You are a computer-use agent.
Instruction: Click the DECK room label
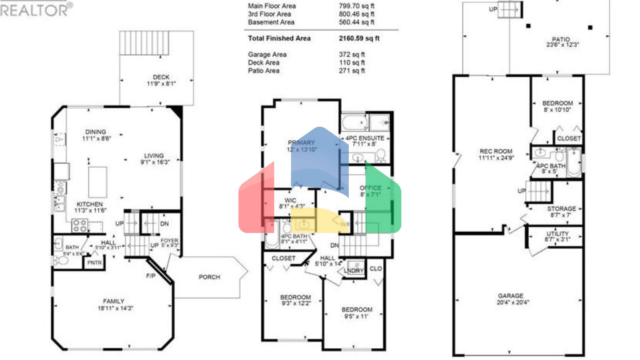click(x=161, y=77)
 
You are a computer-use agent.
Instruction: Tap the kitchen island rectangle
click(x=97, y=182)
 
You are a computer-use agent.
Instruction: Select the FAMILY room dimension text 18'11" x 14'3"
click(x=115, y=308)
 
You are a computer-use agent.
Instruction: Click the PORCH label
click(x=209, y=277)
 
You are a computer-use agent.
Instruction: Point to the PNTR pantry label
click(x=95, y=263)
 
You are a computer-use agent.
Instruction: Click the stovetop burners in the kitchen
click(x=79, y=226)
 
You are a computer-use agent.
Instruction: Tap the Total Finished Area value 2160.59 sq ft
click(x=359, y=38)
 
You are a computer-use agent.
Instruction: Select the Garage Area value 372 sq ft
click(x=352, y=55)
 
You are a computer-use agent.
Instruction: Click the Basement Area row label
click(x=271, y=22)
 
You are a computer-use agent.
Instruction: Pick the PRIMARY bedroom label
click(x=301, y=142)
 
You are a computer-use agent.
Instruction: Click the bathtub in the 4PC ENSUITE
click(x=355, y=123)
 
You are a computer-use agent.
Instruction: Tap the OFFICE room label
click(x=370, y=188)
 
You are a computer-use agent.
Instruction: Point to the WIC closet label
click(x=290, y=200)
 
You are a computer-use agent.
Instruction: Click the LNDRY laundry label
click(x=354, y=271)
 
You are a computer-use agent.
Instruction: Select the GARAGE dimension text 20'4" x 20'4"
click(x=512, y=302)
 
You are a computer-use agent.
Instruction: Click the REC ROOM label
click(x=495, y=151)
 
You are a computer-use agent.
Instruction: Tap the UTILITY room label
click(x=557, y=234)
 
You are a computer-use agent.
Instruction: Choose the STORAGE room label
click(x=561, y=208)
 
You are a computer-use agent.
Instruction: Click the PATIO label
click(x=561, y=39)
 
